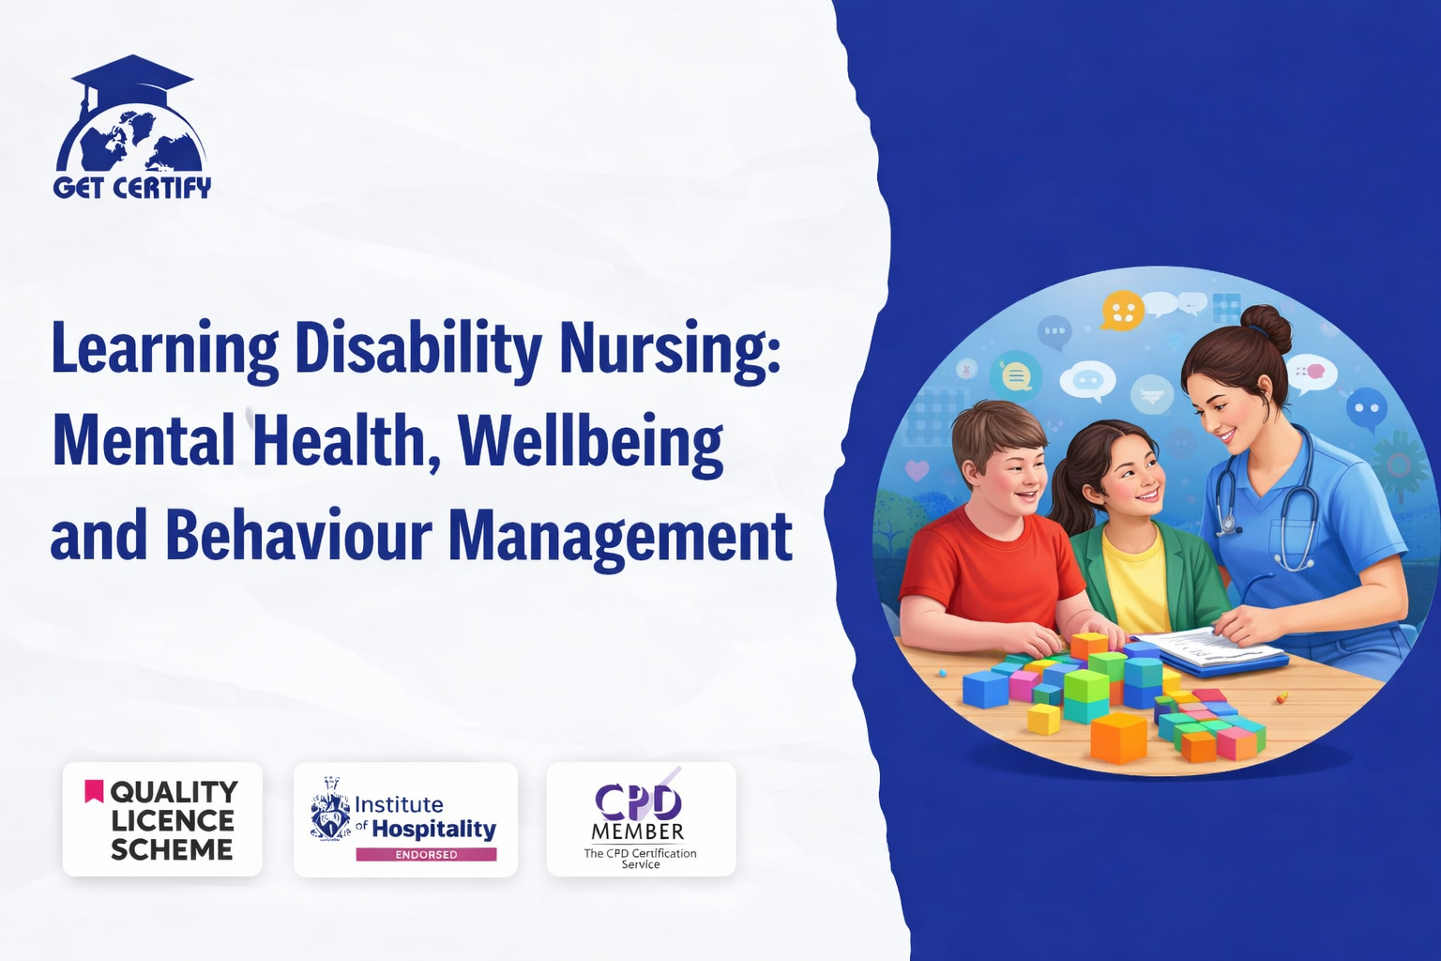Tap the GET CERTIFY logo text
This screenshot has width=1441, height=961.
pyautogui.click(x=132, y=188)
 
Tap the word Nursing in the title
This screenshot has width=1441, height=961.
pyautogui.click(x=670, y=351)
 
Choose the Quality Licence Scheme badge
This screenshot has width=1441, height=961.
pyautogui.click(x=162, y=819)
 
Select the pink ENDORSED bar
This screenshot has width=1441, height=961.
pyautogui.click(x=427, y=854)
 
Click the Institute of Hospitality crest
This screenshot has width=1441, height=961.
pyautogui.click(x=331, y=810)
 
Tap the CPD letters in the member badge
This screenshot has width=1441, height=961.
pyautogui.click(x=638, y=801)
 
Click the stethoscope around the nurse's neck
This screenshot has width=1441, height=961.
pyautogui.click(x=1265, y=501)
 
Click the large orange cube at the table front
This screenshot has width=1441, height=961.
pyautogui.click(x=1118, y=739)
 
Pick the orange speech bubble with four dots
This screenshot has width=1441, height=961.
pyautogui.click(x=1123, y=311)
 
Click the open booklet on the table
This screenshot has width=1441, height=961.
pyautogui.click(x=1209, y=649)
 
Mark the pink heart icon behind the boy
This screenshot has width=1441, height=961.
pyautogui.click(x=917, y=470)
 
